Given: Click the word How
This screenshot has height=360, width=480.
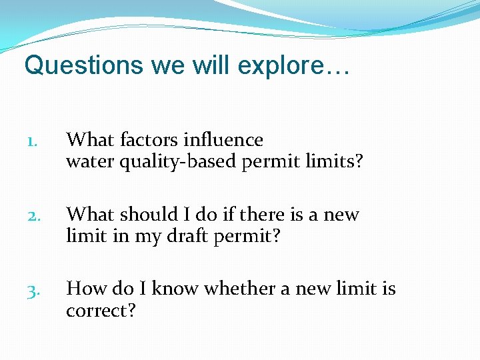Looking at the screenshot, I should (x=85, y=289).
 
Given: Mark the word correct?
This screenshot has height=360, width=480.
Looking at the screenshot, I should (x=101, y=310).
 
